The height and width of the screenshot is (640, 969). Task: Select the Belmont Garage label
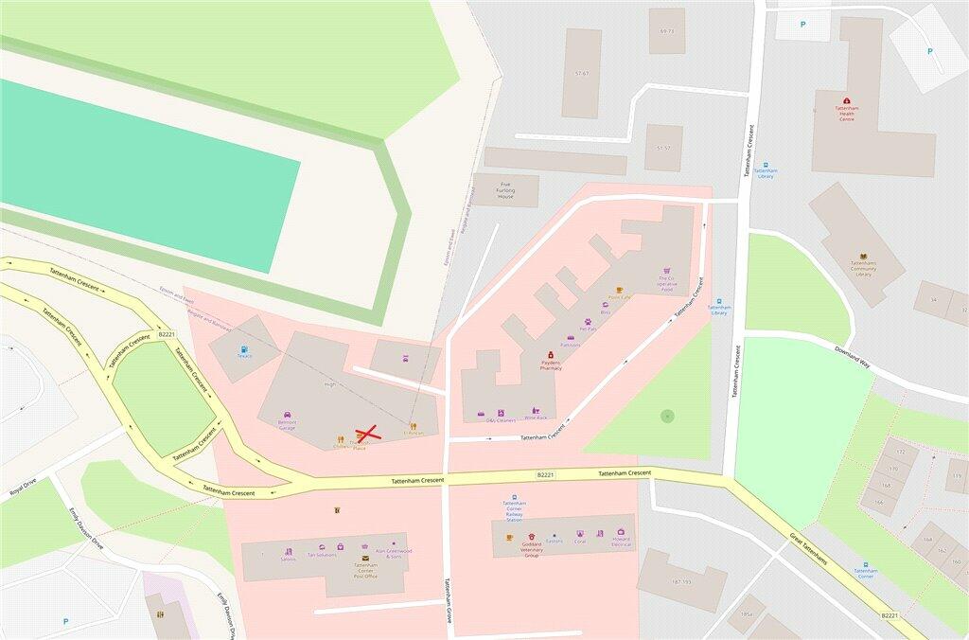[x=287, y=425]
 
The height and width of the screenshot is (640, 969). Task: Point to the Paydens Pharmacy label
[x=551, y=365]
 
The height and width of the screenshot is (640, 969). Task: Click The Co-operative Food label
[x=667, y=284]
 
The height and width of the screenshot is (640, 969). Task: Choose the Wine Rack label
[x=536, y=418]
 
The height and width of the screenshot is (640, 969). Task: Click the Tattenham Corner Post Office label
[x=365, y=570]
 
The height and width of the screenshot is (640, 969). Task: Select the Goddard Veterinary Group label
[x=532, y=548]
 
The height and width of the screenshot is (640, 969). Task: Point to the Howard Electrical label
[x=621, y=542]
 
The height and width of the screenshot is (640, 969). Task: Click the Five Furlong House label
[x=505, y=190]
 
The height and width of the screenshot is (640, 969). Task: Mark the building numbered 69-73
[x=667, y=31]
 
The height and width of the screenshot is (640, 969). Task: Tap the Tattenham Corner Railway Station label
[x=514, y=512]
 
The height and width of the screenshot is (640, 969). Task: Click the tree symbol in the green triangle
[x=667, y=416]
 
